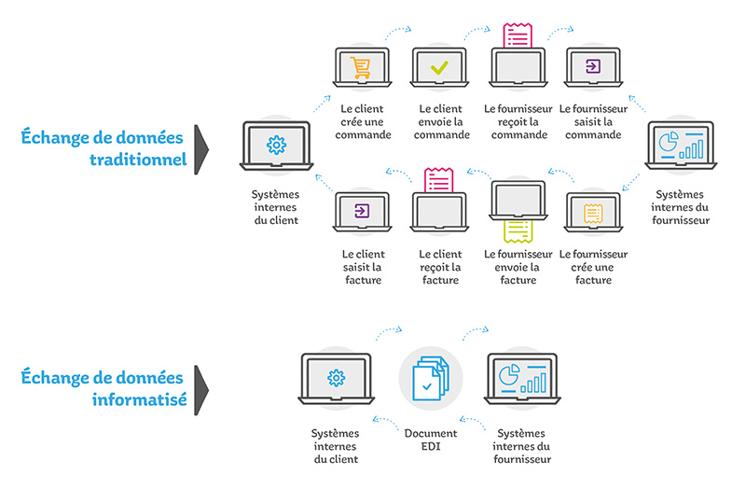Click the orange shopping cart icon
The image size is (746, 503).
(360, 67)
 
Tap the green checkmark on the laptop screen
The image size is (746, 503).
(439, 67)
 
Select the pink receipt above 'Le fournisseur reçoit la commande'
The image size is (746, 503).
(518, 35)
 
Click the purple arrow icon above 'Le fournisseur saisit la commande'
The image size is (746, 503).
(593, 66)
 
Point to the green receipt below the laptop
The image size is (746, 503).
(518, 231)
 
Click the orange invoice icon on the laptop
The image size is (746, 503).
(593, 214)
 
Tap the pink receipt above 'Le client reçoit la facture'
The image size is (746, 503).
(438, 180)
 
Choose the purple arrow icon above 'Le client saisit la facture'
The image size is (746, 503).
(362, 211)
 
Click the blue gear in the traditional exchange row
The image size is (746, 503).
(276, 146)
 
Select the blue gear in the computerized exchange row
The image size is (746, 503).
(336, 378)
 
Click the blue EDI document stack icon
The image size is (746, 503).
(431, 378)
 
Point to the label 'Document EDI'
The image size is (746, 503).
(431, 440)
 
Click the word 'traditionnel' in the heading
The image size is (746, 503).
(138, 160)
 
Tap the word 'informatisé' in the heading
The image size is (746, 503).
(139, 399)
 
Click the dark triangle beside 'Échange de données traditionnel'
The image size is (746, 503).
(200, 149)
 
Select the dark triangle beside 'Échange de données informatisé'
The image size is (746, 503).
(200, 390)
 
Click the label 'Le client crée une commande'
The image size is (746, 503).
(363, 122)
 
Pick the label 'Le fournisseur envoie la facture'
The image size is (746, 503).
(518, 267)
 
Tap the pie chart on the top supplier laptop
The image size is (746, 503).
(668, 142)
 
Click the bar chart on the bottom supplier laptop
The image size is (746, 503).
(533, 383)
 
